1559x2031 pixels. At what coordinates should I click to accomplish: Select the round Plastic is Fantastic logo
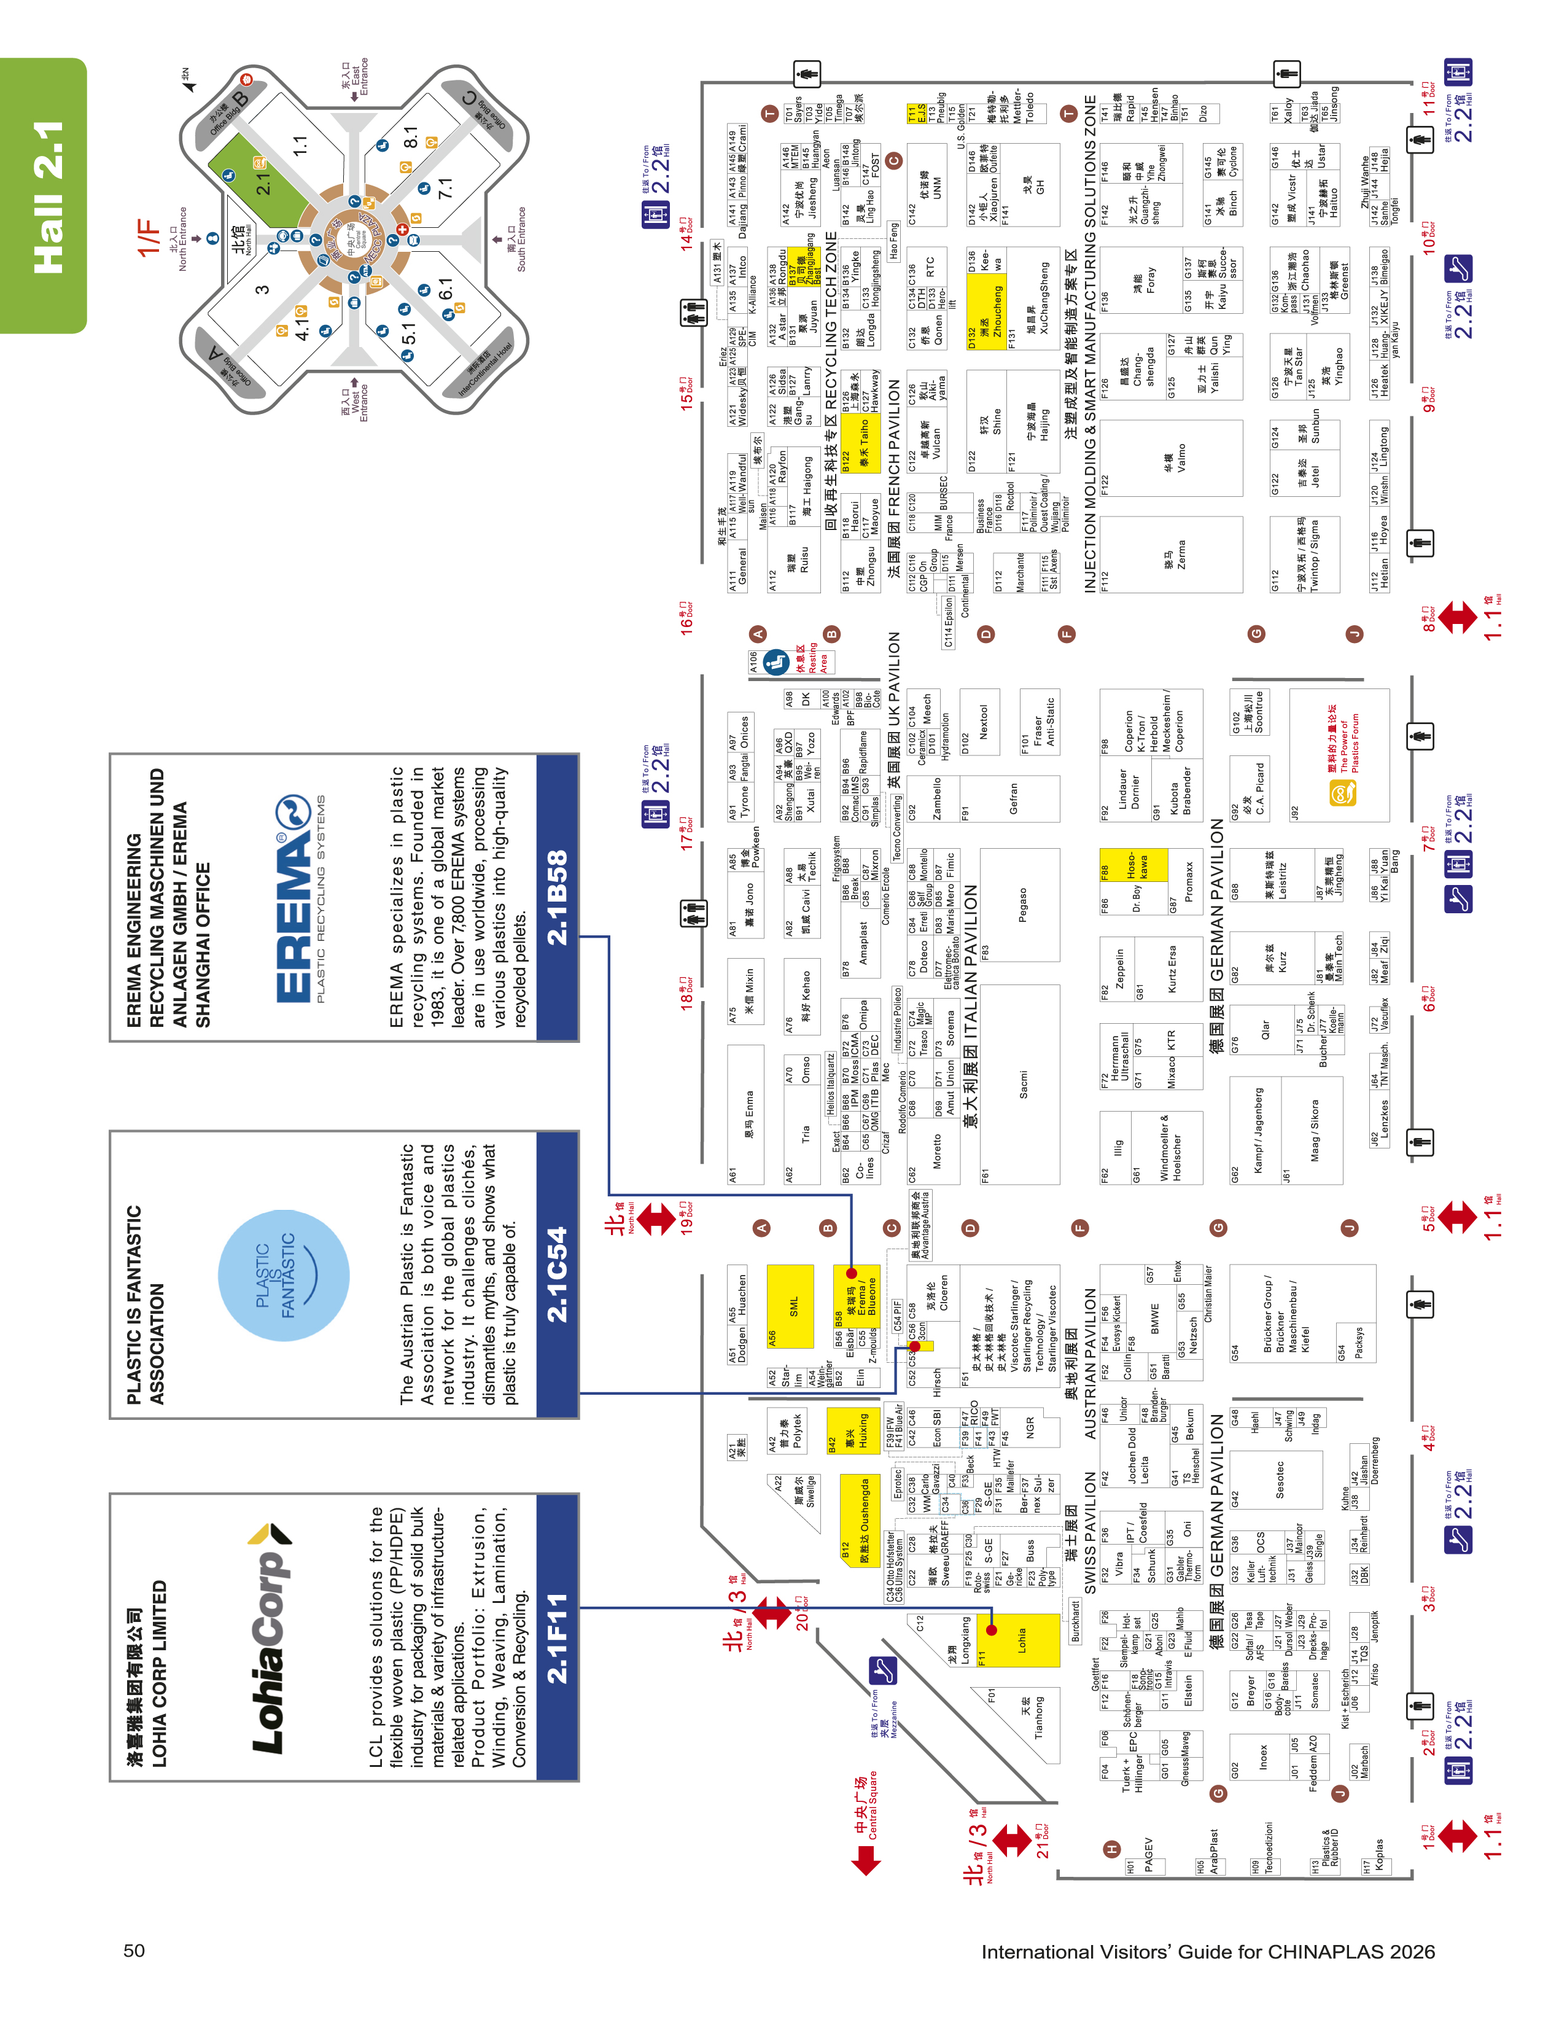(284, 1276)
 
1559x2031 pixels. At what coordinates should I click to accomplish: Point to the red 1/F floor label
(149, 236)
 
